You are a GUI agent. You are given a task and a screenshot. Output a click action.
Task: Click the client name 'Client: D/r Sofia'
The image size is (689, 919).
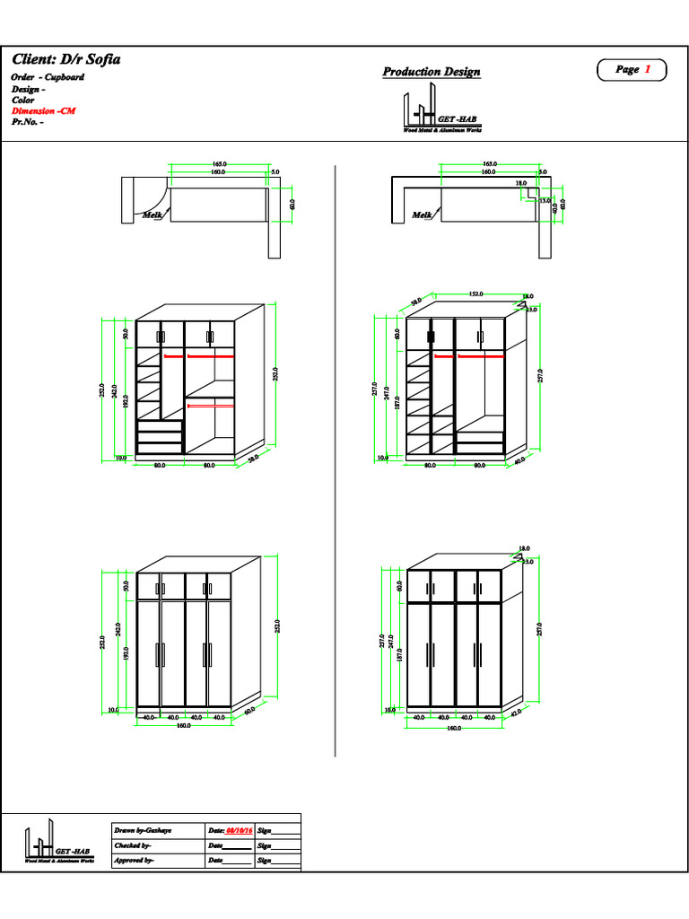pyautogui.click(x=65, y=59)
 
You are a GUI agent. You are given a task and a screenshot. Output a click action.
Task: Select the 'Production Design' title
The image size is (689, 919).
pyautogui.click(x=432, y=72)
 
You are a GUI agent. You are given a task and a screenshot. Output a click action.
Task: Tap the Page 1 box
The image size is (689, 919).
pyautogui.click(x=632, y=70)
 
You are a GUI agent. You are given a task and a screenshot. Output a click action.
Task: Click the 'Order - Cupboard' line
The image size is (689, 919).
pyautogui.click(x=48, y=77)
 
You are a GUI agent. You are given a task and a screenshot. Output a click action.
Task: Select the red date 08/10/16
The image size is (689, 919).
pyautogui.click(x=239, y=832)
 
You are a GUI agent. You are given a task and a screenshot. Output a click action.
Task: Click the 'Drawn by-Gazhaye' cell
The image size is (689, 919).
pyautogui.click(x=143, y=832)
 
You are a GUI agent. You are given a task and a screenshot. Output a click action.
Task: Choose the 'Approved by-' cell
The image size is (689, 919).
pyautogui.click(x=134, y=861)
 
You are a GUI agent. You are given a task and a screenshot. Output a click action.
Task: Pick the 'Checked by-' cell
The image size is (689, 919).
pyautogui.click(x=133, y=846)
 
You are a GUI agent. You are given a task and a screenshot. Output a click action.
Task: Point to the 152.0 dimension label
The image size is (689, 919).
pyautogui.click(x=476, y=293)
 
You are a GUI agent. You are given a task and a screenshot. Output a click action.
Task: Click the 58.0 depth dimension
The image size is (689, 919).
pyautogui.click(x=253, y=458)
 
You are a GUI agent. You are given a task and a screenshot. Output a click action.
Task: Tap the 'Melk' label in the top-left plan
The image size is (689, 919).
pyautogui.click(x=151, y=215)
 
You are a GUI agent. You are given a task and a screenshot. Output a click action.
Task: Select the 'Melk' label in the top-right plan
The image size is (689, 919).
pyautogui.click(x=422, y=215)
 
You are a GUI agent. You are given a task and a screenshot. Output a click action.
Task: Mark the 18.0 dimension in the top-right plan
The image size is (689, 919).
pyautogui.click(x=521, y=183)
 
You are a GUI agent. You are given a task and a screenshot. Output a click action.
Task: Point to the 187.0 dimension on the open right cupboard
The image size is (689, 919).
pyautogui.click(x=397, y=405)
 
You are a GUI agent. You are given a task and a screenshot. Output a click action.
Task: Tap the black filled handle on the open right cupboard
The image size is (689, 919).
pyautogui.click(x=431, y=337)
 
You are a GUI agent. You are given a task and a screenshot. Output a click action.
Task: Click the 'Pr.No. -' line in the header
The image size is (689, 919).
pyautogui.click(x=28, y=122)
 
